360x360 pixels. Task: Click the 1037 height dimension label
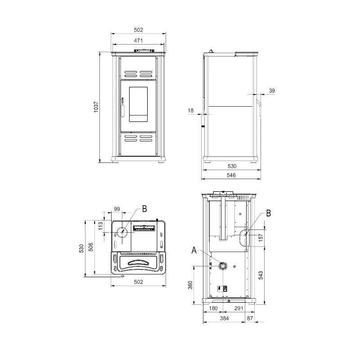[96, 107]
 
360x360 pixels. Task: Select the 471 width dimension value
[138, 40]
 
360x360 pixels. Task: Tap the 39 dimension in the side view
[272, 91]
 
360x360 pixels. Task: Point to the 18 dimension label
[190, 111]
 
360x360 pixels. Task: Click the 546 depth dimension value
[231, 175]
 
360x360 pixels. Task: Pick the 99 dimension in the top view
[117, 209]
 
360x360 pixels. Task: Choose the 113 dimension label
[100, 226]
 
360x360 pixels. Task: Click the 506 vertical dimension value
[91, 247]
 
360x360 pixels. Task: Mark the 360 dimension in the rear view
[190, 285]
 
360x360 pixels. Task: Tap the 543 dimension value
[261, 275]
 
